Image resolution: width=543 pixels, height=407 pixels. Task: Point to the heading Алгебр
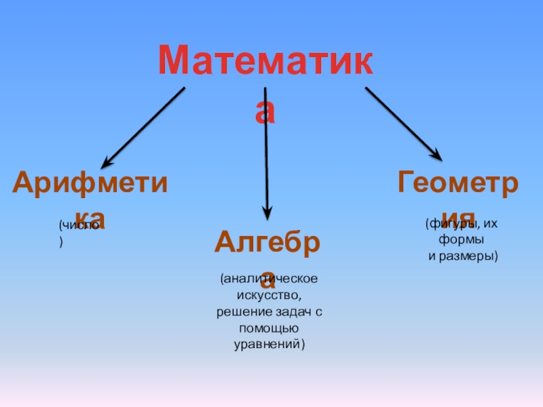click(x=267, y=241)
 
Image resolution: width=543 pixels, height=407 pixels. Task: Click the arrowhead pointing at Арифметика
click(x=107, y=163)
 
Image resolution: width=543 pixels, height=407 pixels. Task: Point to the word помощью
click(x=267, y=328)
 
